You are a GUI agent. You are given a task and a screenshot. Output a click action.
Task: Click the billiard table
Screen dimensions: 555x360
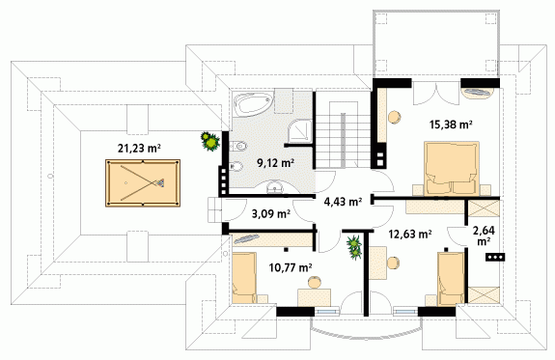click(x=143, y=183)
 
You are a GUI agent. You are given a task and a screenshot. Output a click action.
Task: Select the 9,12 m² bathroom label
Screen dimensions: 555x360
click(x=276, y=163)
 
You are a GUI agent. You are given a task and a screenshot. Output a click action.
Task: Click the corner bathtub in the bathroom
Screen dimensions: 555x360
click(x=254, y=103)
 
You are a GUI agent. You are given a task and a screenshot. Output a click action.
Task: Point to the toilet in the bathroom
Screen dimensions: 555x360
click(x=238, y=146)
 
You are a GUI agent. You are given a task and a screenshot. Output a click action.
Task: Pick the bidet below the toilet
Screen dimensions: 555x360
click(x=236, y=166)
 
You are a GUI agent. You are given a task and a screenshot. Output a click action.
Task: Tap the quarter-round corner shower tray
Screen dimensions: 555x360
click(x=300, y=130)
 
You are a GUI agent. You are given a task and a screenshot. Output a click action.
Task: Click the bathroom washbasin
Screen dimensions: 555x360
click(x=274, y=187)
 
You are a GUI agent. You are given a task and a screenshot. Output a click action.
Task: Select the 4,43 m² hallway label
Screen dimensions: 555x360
click(x=343, y=202)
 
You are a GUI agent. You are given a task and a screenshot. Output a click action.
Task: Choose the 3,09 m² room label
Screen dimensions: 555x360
click(x=271, y=214)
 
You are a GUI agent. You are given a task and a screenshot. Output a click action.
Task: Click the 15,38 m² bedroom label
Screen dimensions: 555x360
click(x=452, y=125)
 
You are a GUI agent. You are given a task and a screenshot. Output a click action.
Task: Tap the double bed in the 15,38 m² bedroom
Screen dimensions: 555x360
click(x=452, y=168)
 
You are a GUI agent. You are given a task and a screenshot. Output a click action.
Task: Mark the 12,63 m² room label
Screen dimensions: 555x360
click(x=410, y=234)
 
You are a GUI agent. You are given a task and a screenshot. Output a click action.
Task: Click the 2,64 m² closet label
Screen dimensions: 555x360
click(x=484, y=235)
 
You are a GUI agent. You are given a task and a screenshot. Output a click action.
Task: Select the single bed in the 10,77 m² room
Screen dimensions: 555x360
click(x=244, y=278)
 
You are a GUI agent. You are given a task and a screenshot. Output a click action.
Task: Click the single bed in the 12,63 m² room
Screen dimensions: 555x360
click(x=451, y=279)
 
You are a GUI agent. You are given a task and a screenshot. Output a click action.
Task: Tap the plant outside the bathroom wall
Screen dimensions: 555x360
click(x=210, y=141)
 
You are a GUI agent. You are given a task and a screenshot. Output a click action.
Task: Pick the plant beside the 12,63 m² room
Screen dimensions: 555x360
click(x=354, y=248)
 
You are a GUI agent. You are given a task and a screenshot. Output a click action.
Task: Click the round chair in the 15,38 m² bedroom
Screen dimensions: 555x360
click(x=394, y=117)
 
